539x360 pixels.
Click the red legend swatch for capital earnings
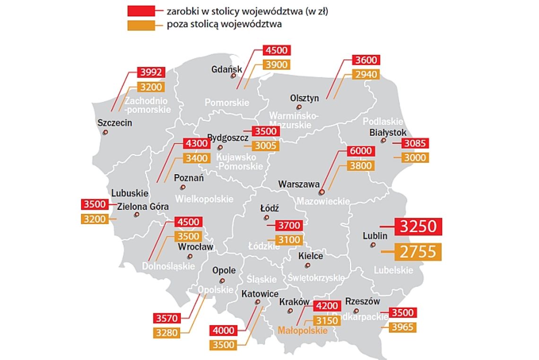[x=141, y=11]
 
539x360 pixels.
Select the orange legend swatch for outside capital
[x=141, y=25]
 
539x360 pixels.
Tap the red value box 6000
[x=361, y=151]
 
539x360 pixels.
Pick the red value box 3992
[x=151, y=72]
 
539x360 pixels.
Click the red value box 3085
[x=416, y=143]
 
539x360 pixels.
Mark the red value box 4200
[x=327, y=306]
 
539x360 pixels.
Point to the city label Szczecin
[x=114, y=123]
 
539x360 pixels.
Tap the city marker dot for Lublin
[x=373, y=245]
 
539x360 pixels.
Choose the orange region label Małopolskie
[x=303, y=331]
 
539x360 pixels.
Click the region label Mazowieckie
[x=323, y=202]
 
